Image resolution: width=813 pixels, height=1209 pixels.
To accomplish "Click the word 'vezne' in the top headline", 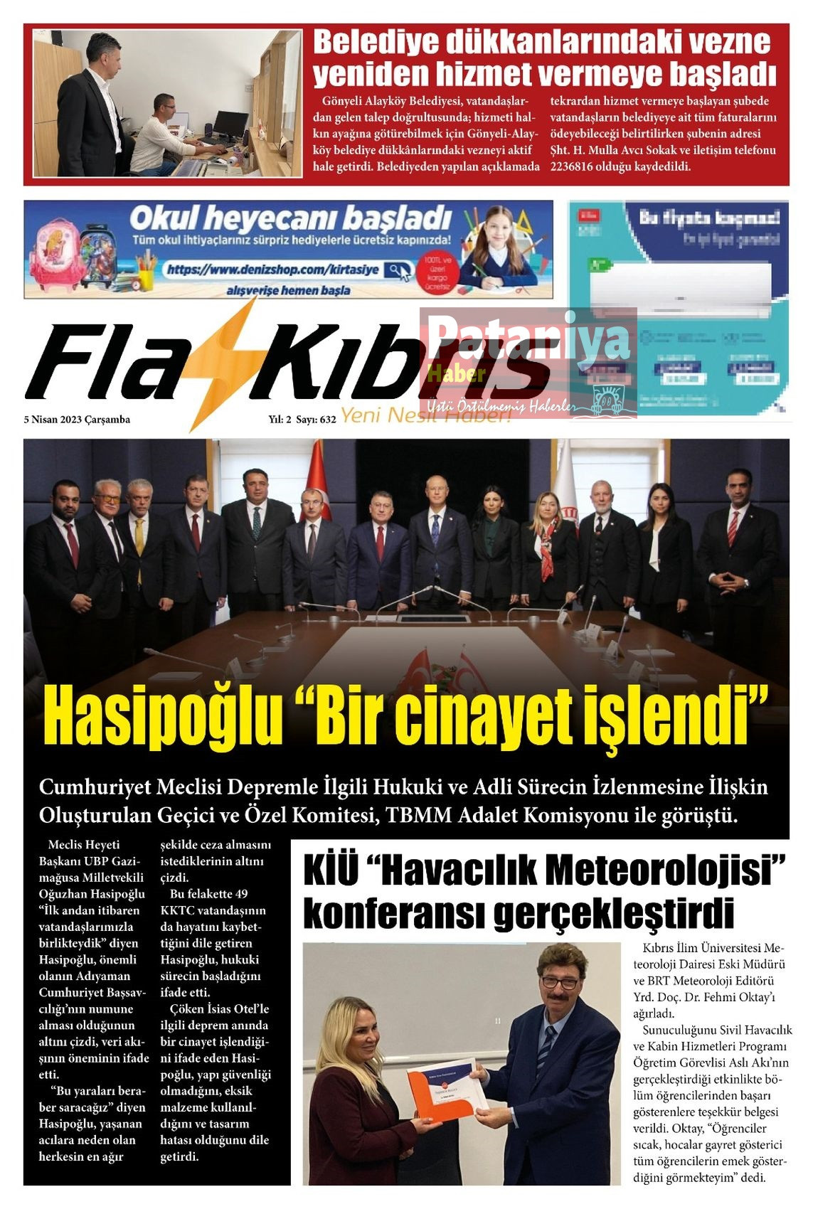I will coord(726,43).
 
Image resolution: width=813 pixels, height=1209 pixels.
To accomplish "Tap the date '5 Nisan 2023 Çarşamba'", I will coord(77,420).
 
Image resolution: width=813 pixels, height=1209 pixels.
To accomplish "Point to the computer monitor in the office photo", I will coord(230,125).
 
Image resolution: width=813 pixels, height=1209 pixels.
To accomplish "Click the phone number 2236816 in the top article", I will coord(575,166).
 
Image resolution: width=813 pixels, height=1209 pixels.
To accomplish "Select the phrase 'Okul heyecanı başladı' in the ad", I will coord(290,218).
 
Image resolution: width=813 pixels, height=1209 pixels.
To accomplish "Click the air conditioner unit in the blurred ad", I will coord(681,289).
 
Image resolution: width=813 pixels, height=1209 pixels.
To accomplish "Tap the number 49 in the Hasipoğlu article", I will coord(240,894).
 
